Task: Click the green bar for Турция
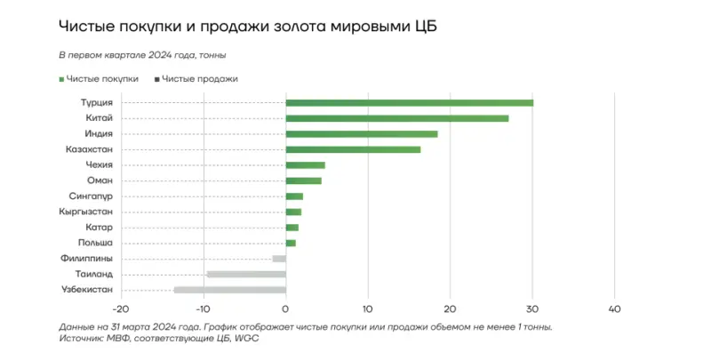[x=409, y=103]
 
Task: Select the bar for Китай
[x=396, y=118]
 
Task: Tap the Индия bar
[x=361, y=134]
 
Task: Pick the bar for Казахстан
[x=353, y=149]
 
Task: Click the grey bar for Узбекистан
[x=229, y=290]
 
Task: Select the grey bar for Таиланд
[x=245, y=274]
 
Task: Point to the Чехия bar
[x=305, y=165]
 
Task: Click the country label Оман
[x=100, y=180]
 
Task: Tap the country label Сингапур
[x=91, y=196]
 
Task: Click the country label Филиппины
[x=87, y=258]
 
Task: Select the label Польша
[x=94, y=243]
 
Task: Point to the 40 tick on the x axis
[x=614, y=309]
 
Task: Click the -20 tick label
[x=121, y=309]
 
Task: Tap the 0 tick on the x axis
[x=285, y=309]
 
